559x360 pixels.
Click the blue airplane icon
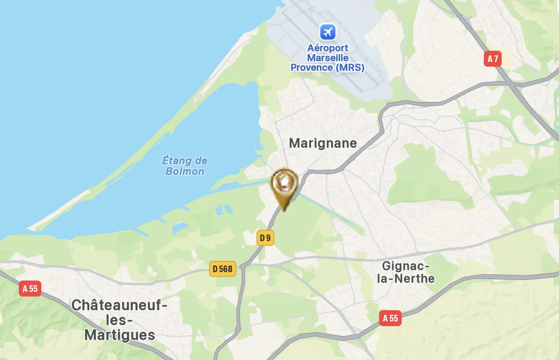click(x=327, y=32)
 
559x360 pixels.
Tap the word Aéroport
click(x=327, y=48)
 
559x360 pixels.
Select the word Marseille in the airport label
click(x=327, y=58)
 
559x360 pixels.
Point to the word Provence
click(x=311, y=68)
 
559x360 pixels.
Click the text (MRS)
click(x=349, y=68)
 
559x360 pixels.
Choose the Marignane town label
click(x=323, y=143)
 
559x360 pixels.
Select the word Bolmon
click(x=185, y=171)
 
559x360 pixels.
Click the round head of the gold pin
click(x=284, y=181)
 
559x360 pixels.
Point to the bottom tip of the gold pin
click(x=284, y=210)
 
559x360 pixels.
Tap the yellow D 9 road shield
click(x=265, y=238)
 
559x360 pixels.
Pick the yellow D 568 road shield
click(x=223, y=269)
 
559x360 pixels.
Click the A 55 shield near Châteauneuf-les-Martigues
click(x=30, y=289)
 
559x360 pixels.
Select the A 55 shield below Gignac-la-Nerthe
click(x=390, y=319)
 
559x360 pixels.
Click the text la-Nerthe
click(x=408, y=279)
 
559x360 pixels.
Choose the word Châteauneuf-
click(x=119, y=306)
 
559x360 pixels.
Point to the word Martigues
click(x=120, y=335)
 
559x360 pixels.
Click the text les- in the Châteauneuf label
click(x=120, y=321)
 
